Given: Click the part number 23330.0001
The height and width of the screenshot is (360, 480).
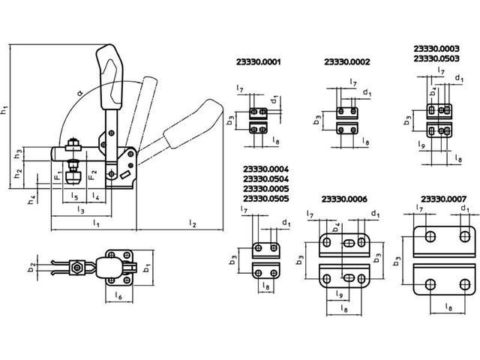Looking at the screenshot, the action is (258, 61).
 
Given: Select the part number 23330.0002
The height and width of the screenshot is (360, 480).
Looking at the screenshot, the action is (346, 61).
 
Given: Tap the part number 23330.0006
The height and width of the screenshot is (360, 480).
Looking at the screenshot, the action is (344, 199).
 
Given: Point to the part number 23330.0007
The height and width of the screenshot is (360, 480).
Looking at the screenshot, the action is (443, 199).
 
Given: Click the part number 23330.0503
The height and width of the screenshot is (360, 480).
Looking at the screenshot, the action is (436, 58).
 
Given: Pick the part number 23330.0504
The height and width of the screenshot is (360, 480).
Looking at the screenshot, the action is (265, 179).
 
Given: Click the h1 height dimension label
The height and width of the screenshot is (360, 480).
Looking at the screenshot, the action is (4, 109).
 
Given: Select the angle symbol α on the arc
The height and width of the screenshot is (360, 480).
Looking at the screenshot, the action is (80, 92).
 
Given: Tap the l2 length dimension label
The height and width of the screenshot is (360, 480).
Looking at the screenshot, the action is (192, 223).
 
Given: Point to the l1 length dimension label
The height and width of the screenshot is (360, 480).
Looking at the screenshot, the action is (96, 223).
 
